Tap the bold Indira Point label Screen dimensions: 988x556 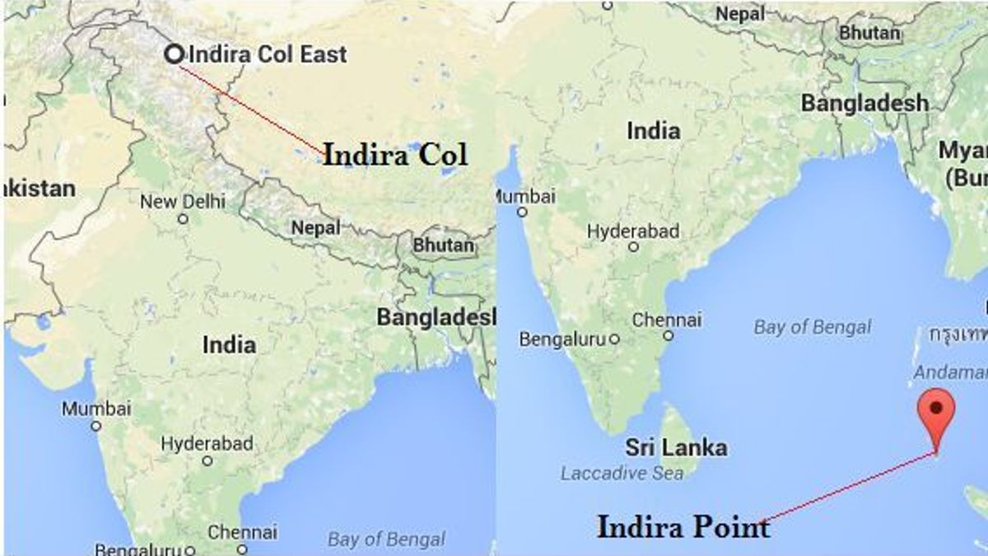(683, 526)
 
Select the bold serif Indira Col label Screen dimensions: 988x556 (394, 155)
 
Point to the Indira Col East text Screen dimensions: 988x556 (268, 55)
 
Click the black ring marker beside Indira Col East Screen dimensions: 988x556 (174, 54)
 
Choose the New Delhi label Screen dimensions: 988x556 (182, 202)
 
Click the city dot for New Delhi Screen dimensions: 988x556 (183, 219)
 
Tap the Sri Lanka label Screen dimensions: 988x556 (676, 448)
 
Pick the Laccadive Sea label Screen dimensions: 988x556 (622, 474)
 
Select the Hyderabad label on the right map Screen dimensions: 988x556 (633, 231)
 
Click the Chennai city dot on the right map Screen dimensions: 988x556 (669, 336)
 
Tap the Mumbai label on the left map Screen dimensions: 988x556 (96, 409)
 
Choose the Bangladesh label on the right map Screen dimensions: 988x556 (864, 103)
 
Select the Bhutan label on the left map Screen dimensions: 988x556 (444, 245)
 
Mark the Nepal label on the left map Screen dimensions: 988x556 (316, 228)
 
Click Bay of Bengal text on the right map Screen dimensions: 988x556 (812, 327)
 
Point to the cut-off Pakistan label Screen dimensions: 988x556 (39, 189)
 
